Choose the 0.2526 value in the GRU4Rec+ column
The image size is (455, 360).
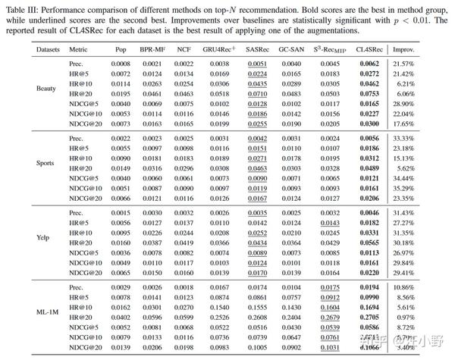[219, 297]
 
